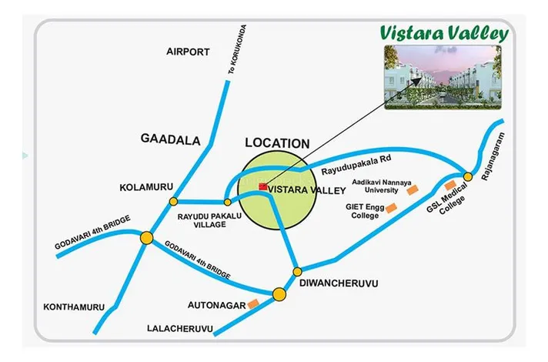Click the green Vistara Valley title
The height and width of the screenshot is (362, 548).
coord(444,33)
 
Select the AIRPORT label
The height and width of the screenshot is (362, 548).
coord(188,52)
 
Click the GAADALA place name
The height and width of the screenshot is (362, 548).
coord(170,139)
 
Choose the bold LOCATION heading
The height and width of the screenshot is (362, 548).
coord(276,143)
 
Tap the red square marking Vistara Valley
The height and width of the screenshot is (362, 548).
coord(262,186)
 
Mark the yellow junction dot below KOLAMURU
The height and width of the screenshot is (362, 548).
coord(172,202)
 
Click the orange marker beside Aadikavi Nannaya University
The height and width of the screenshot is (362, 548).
coord(413,189)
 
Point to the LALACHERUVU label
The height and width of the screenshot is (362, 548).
coord(179,329)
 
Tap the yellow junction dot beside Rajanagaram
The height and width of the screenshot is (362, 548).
coord(467,177)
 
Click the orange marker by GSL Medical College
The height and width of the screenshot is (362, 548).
coord(450,185)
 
